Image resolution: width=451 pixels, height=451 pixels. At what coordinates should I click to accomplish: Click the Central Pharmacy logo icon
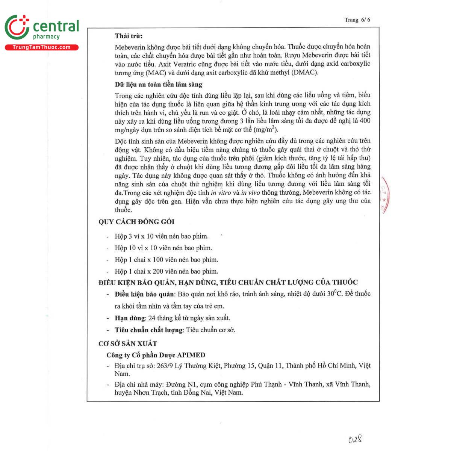(17, 27)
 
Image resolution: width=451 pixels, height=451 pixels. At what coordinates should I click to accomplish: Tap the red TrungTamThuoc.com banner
(41, 47)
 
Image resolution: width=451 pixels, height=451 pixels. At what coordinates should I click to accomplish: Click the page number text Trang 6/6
(357, 20)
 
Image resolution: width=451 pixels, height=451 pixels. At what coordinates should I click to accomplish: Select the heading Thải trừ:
(129, 36)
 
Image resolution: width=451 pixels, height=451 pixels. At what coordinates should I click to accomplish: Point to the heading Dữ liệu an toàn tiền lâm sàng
(158, 85)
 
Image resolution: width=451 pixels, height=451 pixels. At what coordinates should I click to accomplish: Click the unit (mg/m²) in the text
(265, 130)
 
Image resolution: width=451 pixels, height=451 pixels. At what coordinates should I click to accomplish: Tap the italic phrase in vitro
(221, 193)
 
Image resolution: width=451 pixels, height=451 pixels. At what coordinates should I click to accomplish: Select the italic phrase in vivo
(250, 193)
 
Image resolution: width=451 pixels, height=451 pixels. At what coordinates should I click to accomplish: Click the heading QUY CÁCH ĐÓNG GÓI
(136, 222)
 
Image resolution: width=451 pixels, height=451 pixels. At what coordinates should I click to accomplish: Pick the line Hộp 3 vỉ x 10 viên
(162, 236)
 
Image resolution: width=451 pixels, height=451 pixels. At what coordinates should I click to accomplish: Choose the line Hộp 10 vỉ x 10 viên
(163, 248)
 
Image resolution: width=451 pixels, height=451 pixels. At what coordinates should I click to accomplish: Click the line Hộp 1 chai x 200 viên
(166, 271)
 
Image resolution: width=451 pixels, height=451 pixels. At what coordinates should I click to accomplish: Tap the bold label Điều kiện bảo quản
(144, 294)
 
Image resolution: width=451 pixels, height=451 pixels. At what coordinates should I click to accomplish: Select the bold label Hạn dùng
(130, 318)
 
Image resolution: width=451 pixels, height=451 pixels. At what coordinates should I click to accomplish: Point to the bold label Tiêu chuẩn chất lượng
(148, 330)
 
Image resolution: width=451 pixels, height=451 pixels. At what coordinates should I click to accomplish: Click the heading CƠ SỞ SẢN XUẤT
(128, 344)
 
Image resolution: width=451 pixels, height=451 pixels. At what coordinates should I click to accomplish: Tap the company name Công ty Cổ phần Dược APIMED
(156, 355)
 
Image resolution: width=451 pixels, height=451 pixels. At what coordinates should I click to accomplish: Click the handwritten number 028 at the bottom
(354, 439)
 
